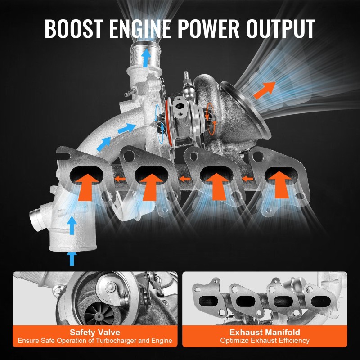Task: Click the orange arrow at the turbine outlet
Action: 265,89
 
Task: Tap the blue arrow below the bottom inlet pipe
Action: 71,258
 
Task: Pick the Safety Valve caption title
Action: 95,332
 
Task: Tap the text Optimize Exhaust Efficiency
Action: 265,341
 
